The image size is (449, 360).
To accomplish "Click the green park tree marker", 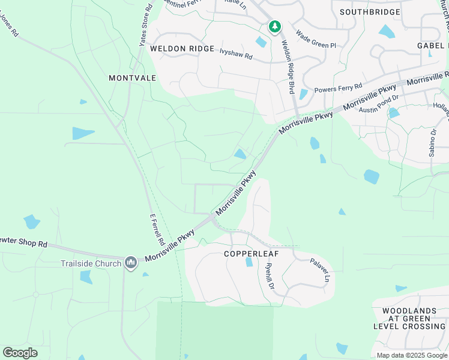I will click(x=275, y=26).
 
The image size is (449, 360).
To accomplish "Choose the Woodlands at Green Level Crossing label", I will click(x=409, y=319).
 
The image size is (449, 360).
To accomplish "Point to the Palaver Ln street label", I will click(x=320, y=270).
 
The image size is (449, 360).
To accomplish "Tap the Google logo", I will click(x=20, y=353).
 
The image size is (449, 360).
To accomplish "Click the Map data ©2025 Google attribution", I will click(x=411, y=355).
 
